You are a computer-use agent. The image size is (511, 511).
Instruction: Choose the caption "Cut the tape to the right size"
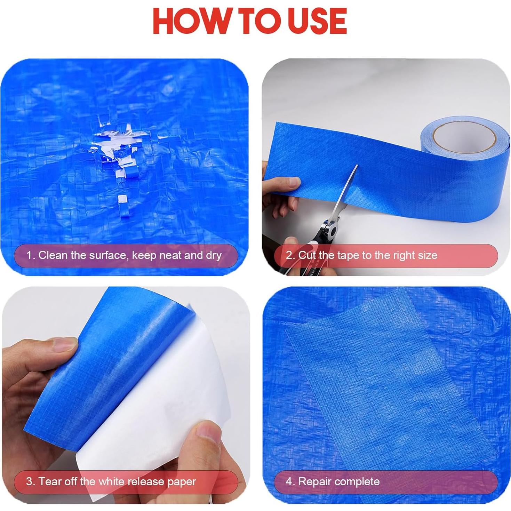coord(362,255)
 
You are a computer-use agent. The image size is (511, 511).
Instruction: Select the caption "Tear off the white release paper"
coord(111,482)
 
